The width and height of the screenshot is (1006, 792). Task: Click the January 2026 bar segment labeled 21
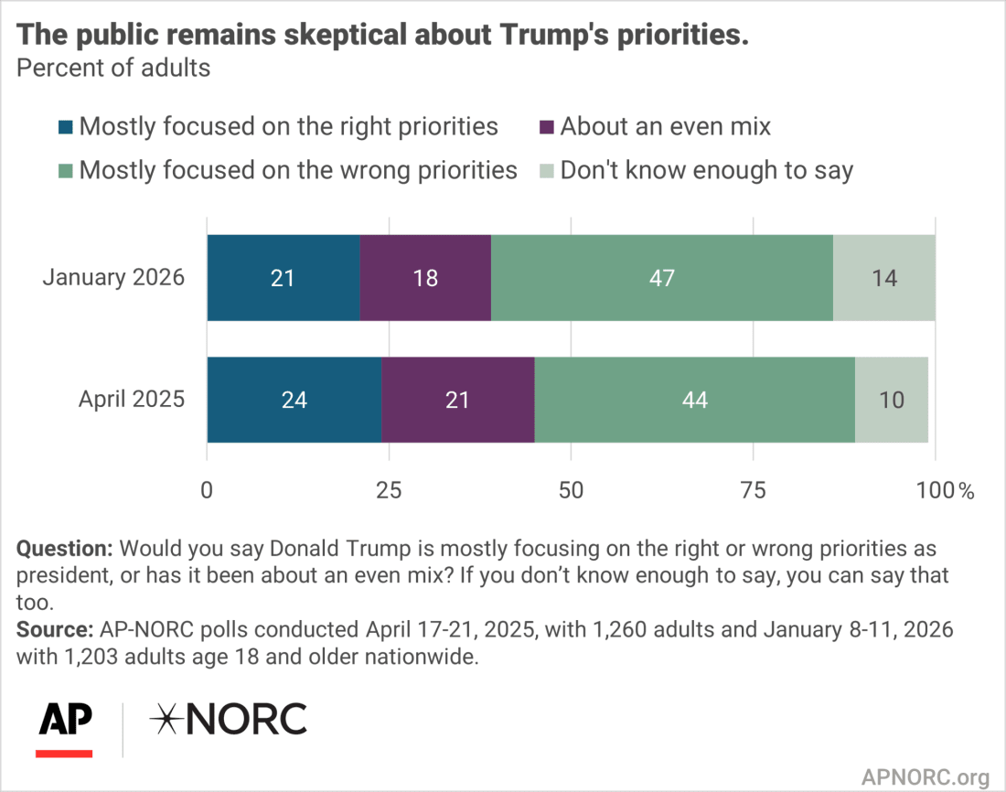(283, 278)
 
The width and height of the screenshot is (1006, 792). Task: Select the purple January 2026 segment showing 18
(425, 278)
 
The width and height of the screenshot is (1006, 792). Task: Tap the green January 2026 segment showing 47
(662, 278)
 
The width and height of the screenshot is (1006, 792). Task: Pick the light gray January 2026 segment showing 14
(884, 278)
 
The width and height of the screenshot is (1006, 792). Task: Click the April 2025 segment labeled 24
(294, 400)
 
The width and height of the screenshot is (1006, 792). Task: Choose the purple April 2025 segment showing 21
(458, 400)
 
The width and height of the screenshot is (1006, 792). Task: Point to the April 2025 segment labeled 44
(695, 400)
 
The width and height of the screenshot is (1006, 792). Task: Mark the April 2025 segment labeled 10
(892, 400)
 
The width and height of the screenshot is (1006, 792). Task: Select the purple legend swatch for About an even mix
(547, 126)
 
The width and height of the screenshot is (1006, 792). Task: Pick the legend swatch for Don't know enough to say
(547, 170)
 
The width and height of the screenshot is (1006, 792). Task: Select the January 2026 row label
(113, 278)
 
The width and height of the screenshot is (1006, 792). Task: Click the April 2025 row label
(132, 400)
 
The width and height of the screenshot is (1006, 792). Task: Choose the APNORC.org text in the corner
(925, 777)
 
